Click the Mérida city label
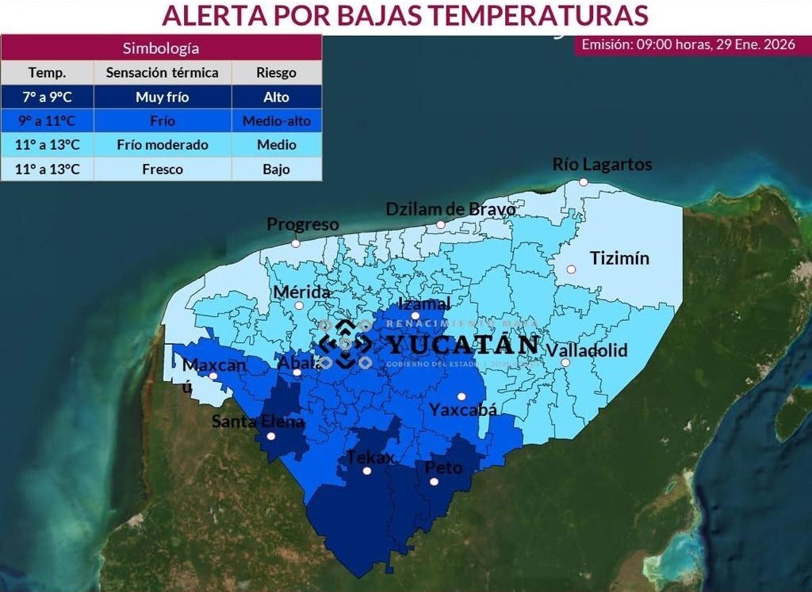pos(301,292)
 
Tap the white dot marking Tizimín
pos(571,269)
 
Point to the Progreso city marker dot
pos(296,243)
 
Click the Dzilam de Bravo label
pos(450,209)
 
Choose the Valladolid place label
pos(587,349)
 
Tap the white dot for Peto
pos(434,481)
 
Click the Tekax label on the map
pos(370,457)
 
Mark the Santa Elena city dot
pos(271,436)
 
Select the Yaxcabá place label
pos(463,410)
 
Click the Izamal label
pos(424,304)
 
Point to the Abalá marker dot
pos(297,372)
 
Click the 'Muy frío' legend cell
pos(162,97)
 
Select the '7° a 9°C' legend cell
pos(48,97)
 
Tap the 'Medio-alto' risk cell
pos(276,121)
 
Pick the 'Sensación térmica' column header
pos(162,73)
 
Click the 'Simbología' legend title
pos(161,48)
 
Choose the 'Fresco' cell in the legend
pos(162,169)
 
